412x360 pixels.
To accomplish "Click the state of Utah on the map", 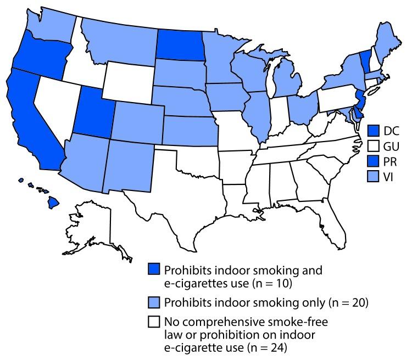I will tap(97, 115).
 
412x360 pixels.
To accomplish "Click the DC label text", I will tap(391, 131).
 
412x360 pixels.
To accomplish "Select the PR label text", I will tap(390, 162).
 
